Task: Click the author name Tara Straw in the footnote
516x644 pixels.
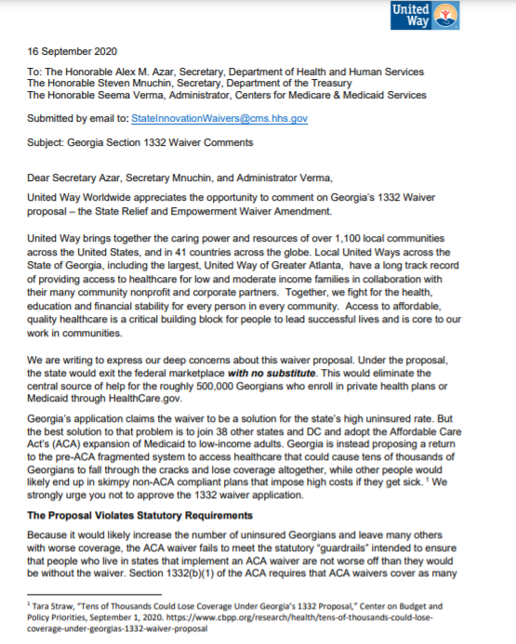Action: tap(53, 604)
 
